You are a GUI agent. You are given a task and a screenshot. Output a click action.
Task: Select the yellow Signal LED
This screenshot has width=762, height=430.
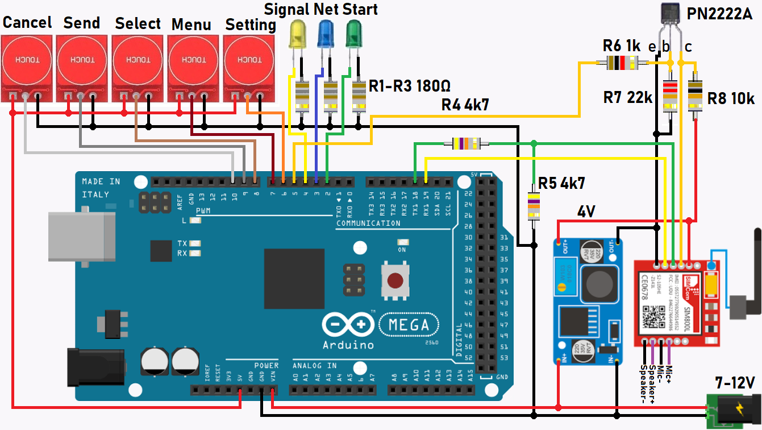coord(297,34)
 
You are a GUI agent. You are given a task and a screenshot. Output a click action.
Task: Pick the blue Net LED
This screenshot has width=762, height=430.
coord(326,34)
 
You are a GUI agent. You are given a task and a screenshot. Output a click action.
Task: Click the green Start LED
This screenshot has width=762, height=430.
coord(354,34)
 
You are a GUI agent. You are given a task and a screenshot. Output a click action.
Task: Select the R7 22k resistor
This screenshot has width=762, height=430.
coord(671,94)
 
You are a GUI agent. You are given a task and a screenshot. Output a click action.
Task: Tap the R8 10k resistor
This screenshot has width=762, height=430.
coord(695,94)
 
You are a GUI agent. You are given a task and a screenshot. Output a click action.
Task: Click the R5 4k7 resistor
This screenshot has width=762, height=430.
coord(534,206)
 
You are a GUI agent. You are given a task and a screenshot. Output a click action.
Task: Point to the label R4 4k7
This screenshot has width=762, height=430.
coord(465,104)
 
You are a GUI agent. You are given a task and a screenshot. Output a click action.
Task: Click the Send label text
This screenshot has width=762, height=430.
coord(81,23)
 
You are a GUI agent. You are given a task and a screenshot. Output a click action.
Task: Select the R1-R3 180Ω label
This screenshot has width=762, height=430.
coord(409,86)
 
